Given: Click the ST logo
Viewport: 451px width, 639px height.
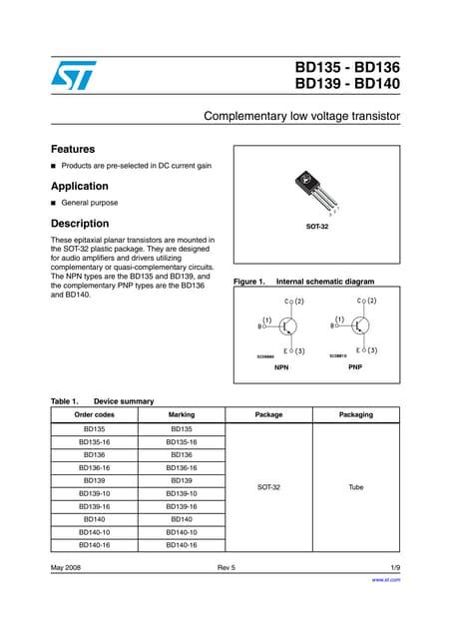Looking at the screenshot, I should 69,76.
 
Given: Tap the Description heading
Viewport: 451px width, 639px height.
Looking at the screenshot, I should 79,223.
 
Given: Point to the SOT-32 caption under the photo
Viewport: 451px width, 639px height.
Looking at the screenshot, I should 316,227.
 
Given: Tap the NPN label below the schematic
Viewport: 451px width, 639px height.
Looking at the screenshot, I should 280,367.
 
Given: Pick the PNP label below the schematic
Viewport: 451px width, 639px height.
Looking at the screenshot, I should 354,367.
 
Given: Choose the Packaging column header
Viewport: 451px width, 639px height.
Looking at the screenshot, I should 356,414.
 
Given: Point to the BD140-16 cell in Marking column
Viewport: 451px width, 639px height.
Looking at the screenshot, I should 182,545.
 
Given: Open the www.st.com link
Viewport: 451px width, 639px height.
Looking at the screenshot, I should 386,580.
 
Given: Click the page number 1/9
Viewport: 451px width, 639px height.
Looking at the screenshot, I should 394,568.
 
